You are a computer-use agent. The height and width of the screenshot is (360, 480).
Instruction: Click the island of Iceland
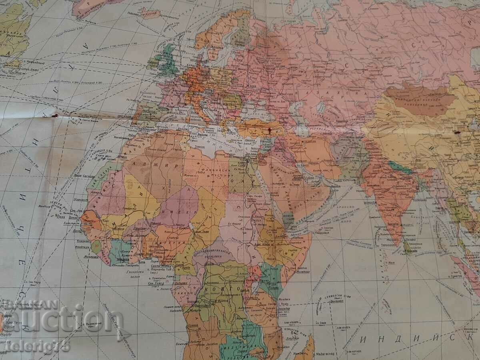(x=148, y=13)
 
